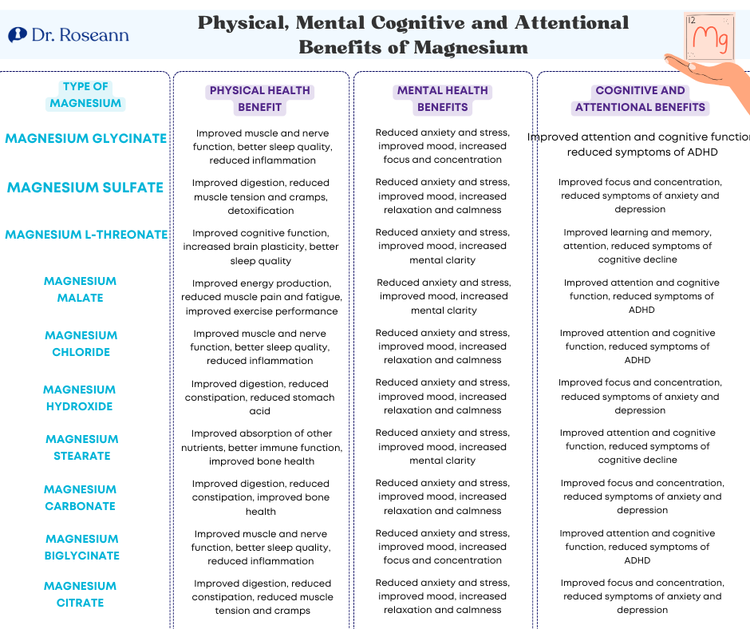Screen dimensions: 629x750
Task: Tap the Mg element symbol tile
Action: (x=708, y=37)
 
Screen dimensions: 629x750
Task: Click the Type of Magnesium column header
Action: (x=85, y=94)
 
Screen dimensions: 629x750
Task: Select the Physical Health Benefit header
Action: (x=259, y=99)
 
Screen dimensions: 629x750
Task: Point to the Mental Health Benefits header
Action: (x=442, y=99)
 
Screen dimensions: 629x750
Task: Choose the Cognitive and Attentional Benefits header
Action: (x=640, y=99)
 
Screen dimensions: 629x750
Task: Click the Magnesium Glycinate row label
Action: (x=85, y=138)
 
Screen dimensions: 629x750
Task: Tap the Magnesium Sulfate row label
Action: (x=85, y=188)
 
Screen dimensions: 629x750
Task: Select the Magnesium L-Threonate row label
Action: (x=85, y=235)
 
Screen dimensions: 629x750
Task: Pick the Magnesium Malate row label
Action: (x=81, y=289)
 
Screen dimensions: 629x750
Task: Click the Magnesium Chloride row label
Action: (x=81, y=343)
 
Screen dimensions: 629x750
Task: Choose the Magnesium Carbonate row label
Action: (x=80, y=497)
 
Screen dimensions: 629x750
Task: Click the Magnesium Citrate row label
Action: (x=80, y=594)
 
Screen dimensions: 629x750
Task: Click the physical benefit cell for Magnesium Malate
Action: (x=260, y=297)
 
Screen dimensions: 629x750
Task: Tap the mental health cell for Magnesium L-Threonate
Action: (x=442, y=246)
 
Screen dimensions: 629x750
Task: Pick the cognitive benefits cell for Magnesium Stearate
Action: (x=637, y=446)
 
